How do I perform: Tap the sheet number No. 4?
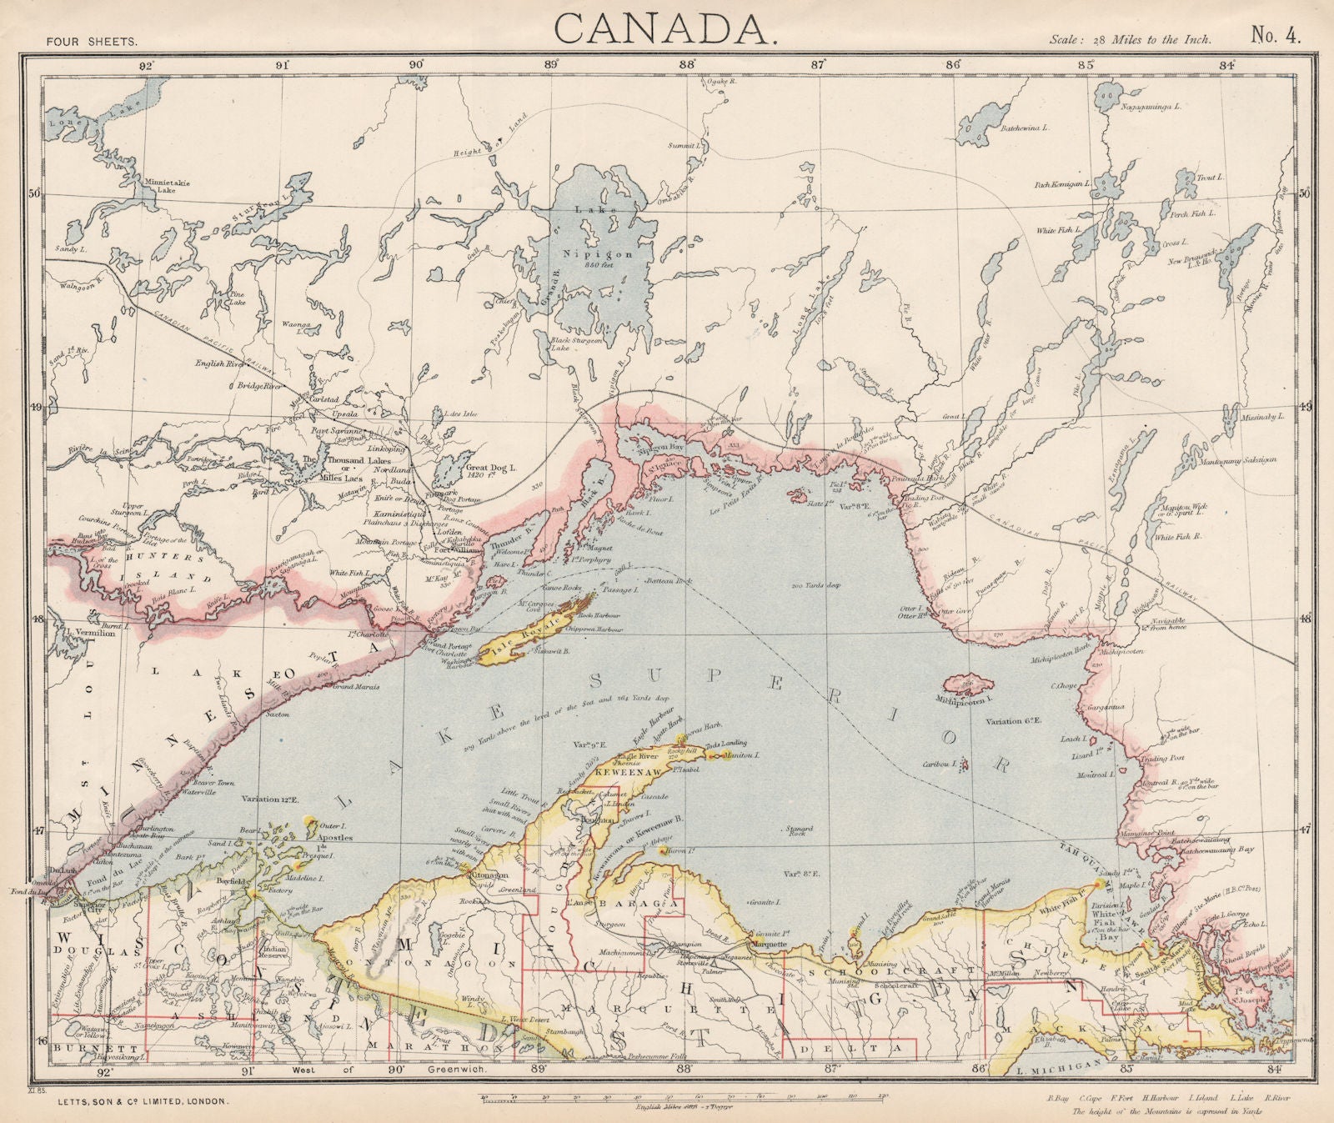click(1276, 34)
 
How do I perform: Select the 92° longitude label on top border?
click(147, 64)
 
